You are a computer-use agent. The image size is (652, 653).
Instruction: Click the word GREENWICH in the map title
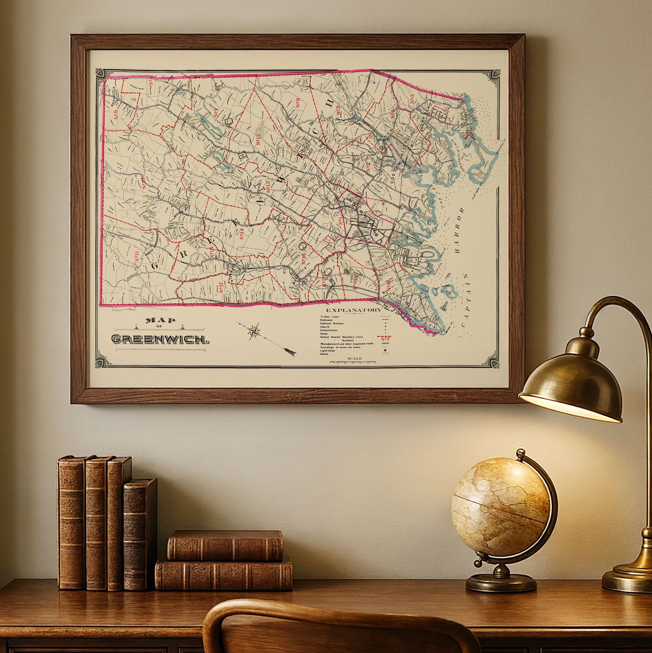point(159,339)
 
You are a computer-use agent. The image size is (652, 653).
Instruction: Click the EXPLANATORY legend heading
point(353,310)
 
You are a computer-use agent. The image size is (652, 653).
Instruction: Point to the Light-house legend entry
point(327,350)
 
